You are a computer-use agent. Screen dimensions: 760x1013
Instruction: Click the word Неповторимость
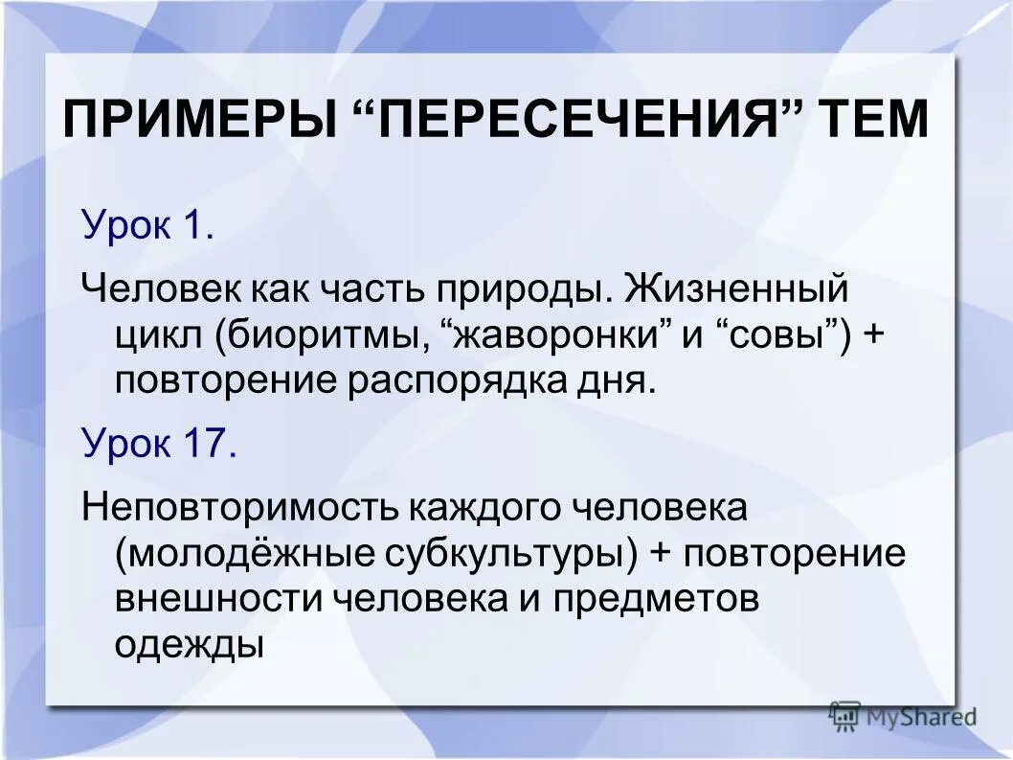click(x=238, y=506)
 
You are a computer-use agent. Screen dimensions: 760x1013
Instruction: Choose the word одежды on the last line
click(x=189, y=644)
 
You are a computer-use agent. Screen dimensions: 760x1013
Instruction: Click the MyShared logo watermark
click(x=903, y=715)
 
